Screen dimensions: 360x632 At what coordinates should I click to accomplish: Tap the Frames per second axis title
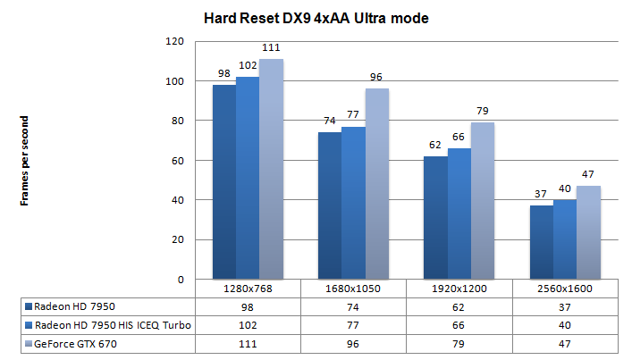coord(26,161)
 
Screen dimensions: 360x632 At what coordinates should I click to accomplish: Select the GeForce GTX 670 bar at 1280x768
coord(271,169)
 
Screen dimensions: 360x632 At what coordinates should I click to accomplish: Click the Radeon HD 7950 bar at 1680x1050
coord(329,205)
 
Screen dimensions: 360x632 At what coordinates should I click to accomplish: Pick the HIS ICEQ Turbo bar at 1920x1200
coord(459,213)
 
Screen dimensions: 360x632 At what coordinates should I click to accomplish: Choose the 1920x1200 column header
coord(459,289)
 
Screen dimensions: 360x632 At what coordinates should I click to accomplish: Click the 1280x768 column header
coord(248,289)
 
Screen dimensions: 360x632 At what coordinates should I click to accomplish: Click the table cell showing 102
coord(248,325)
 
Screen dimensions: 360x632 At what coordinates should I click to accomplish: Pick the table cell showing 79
coord(459,344)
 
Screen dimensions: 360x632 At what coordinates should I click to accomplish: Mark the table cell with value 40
coord(565,325)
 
